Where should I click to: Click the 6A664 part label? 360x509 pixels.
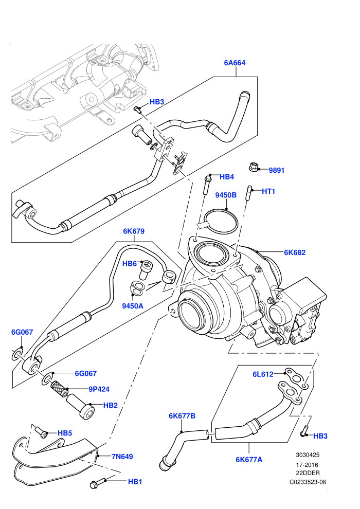pyautogui.click(x=235, y=63)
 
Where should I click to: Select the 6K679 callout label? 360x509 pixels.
pyautogui.click(x=133, y=231)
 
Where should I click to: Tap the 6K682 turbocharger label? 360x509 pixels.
pyautogui.click(x=295, y=252)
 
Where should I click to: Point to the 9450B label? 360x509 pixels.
pyautogui.click(x=226, y=195)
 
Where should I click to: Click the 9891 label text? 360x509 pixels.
pyautogui.click(x=277, y=170)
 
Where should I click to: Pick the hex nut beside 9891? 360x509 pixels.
pyautogui.click(x=253, y=168)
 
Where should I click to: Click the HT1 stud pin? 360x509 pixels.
pyautogui.click(x=249, y=193)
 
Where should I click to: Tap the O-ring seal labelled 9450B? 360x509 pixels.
pyautogui.click(x=221, y=222)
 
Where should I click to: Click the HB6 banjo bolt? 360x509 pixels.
pyautogui.click(x=145, y=270)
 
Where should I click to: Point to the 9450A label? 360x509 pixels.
pyautogui.click(x=133, y=306)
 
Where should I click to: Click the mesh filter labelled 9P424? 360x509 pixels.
pyautogui.click(x=60, y=388)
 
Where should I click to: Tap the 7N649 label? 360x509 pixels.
pyautogui.click(x=122, y=457)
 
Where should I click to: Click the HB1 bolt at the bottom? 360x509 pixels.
pyautogui.click(x=97, y=483)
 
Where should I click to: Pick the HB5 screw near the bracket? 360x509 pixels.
pyautogui.click(x=41, y=432)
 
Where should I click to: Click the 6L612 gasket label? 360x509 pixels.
pyautogui.click(x=263, y=374)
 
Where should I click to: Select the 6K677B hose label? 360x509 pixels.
pyautogui.click(x=182, y=416)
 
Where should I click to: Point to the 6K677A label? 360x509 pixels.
pyautogui.click(x=249, y=459)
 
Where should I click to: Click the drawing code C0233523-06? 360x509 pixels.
pyautogui.click(x=308, y=482)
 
